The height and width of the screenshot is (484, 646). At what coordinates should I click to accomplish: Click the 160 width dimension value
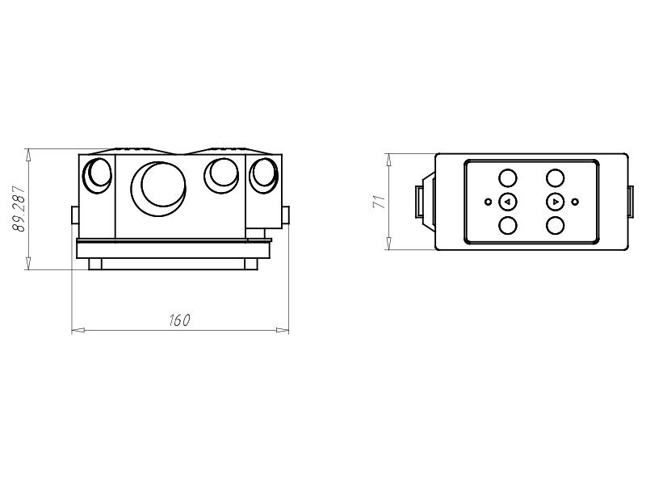[179, 320]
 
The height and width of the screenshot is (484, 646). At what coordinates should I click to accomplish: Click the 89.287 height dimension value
[19, 209]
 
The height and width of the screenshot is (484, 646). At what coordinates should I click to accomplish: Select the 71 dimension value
[377, 202]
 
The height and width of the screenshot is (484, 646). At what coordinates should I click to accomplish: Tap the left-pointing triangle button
[507, 202]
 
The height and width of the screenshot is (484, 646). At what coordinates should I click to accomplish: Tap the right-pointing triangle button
[555, 202]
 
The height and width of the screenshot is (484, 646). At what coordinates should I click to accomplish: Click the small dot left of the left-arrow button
[487, 202]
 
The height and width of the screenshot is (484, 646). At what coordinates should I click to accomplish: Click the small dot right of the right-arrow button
[575, 202]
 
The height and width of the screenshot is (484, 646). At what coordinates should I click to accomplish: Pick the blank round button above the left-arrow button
[507, 178]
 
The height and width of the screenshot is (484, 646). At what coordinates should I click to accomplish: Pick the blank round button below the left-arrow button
[507, 225]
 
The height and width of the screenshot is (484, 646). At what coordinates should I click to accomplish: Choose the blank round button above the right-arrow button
[555, 178]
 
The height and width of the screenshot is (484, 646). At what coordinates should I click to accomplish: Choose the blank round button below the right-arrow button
[555, 225]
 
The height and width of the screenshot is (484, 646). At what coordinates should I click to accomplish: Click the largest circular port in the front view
[164, 185]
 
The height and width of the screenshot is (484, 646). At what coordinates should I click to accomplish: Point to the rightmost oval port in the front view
[263, 175]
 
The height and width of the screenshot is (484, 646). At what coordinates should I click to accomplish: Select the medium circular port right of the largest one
[219, 173]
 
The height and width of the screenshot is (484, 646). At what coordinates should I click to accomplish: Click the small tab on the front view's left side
[74, 215]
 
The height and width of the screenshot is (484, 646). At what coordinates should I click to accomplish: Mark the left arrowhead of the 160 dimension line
[76, 330]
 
